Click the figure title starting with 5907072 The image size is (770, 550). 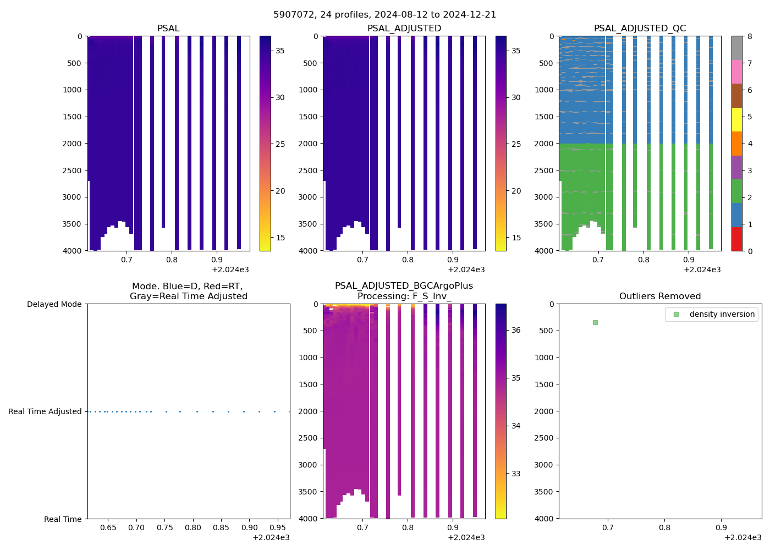click(x=384, y=14)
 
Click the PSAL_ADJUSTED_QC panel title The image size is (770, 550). click(x=640, y=29)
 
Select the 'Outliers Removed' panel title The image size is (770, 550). click(x=659, y=296)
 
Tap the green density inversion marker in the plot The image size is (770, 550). click(x=595, y=322)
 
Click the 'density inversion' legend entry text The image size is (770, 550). click(x=722, y=314)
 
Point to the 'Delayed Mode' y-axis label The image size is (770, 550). click(x=54, y=304)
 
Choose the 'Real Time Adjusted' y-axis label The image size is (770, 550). click(x=45, y=411)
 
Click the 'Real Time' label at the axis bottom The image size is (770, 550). click(x=63, y=519)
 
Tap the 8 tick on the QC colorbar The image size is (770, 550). click(x=750, y=36)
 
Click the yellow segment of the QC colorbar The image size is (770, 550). click(x=737, y=120)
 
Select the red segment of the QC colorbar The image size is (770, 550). click(x=737, y=239)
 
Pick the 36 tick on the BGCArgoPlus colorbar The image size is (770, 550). click(x=516, y=330)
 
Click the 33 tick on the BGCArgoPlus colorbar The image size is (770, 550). click(x=516, y=474)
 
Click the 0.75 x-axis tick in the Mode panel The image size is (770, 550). click(x=164, y=527)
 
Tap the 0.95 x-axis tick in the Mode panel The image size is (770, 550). click(x=278, y=527)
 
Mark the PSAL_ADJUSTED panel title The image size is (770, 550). click(x=404, y=29)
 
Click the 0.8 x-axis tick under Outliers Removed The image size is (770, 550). click(x=664, y=527)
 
